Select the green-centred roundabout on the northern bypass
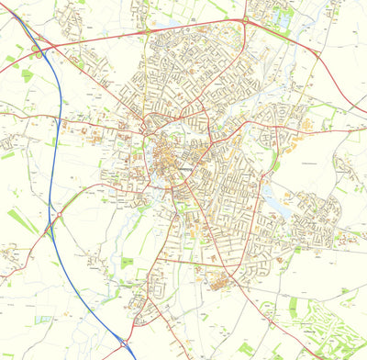click(245, 20)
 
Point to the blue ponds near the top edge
click(281, 17)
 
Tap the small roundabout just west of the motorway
click(58, 216)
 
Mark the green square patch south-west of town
click(126, 264)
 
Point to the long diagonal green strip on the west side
click(23, 220)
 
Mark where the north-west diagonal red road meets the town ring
click(147, 135)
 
